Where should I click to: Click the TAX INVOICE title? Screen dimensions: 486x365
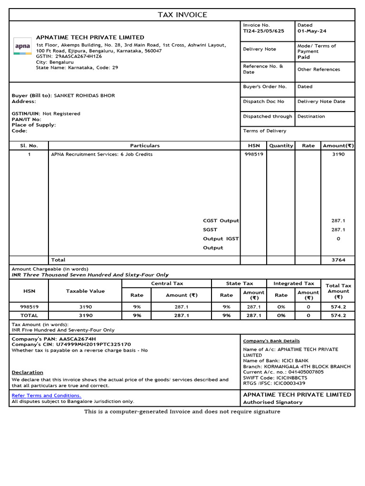coord(182,15)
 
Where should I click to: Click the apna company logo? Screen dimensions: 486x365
coord(22,47)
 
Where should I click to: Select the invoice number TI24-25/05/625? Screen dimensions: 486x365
coord(263,31)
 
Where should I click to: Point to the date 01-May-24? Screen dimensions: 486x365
coord(312,31)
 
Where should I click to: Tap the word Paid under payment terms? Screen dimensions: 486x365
coord(303,57)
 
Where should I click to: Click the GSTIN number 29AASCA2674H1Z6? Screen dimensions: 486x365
coord(78,56)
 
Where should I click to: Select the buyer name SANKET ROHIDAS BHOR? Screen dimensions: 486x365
coord(85,95)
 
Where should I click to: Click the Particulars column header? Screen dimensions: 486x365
coord(144,146)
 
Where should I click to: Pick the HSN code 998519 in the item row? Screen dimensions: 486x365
coord(253,154)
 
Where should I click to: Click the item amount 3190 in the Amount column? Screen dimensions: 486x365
coord(338,154)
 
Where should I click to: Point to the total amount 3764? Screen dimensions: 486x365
coord(338,260)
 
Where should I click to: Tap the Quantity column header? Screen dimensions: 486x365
coord(281,146)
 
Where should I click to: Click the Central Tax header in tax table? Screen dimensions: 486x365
coord(167,283)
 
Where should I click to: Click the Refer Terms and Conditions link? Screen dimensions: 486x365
coord(46,395)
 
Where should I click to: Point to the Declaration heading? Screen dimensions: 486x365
coord(27,373)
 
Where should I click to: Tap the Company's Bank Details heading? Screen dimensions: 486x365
coord(271,341)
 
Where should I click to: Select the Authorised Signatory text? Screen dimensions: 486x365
coord(272,402)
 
